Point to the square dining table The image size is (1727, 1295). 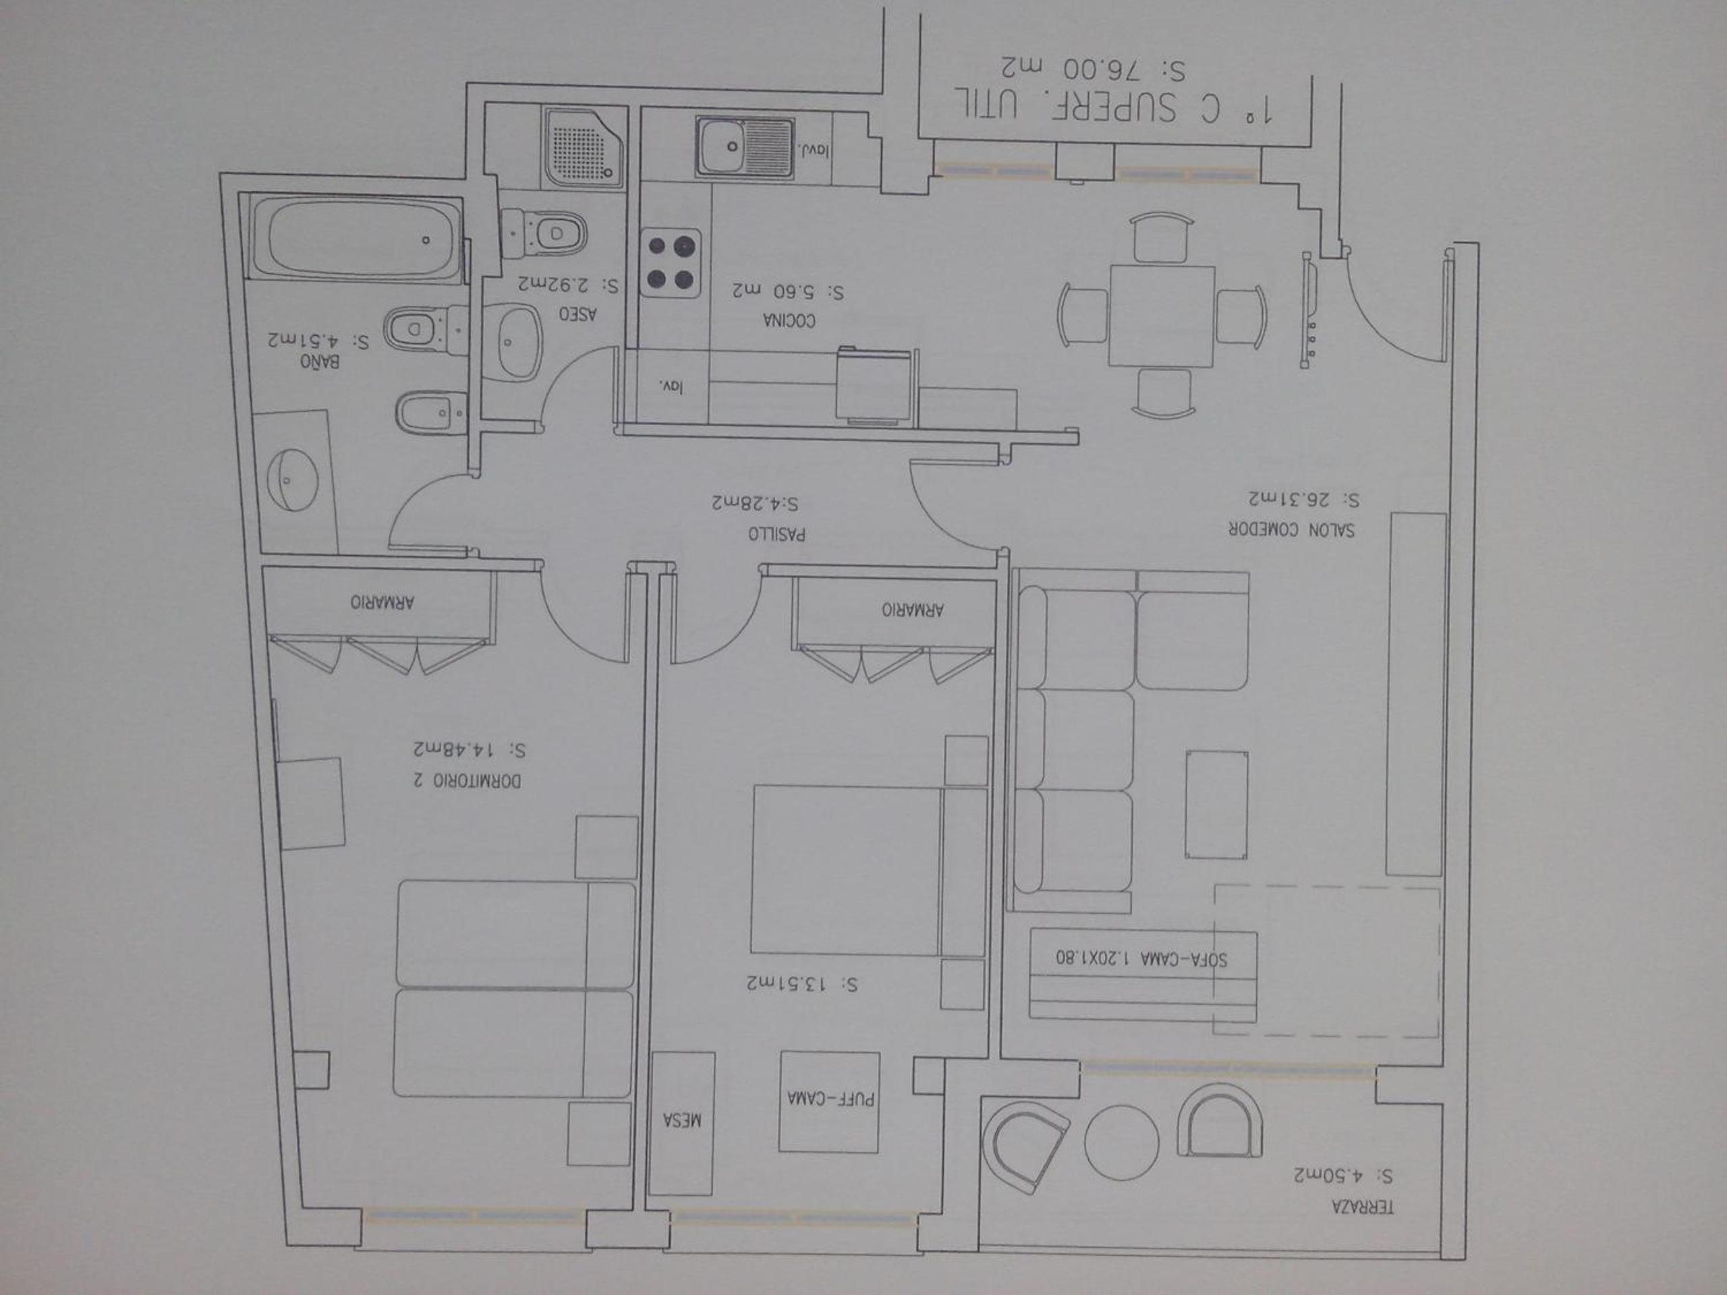[x=1162, y=316]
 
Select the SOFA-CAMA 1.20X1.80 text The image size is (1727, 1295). [x=1141, y=958]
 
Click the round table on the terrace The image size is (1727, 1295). [x=1121, y=1143]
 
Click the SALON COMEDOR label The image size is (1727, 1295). [x=1291, y=529]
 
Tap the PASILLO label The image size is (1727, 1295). [x=777, y=535]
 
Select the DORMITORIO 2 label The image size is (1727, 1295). [x=468, y=780]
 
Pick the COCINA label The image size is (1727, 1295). [x=789, y=320]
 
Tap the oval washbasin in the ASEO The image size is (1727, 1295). [x=511, y=342]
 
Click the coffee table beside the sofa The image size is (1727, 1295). [x=1216, y=805]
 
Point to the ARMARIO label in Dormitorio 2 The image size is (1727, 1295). [x=382, y=602]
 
